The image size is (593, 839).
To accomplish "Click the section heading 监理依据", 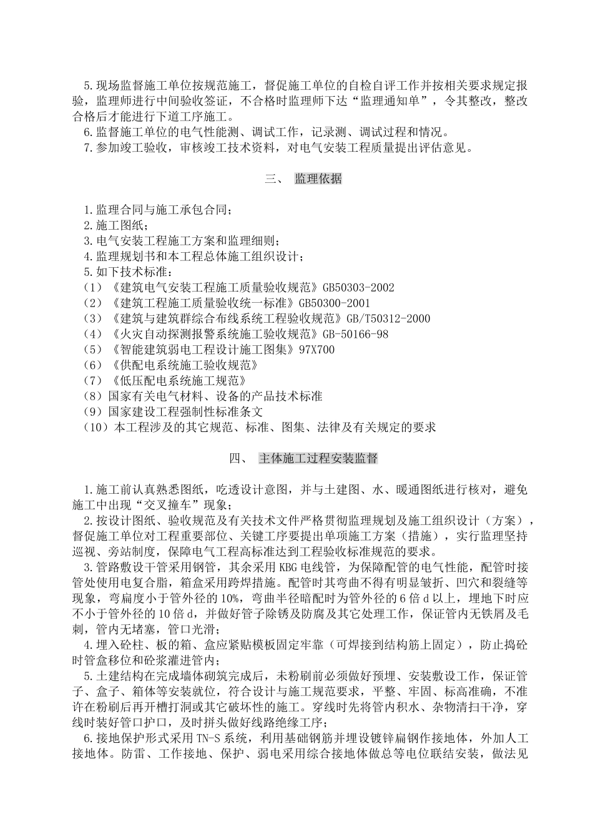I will (318, 179).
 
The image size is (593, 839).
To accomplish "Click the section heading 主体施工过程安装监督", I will (318, 459).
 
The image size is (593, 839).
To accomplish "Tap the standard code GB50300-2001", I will (335, 303).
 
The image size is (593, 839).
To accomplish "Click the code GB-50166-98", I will (355, 335).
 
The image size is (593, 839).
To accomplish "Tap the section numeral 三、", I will (275, 179).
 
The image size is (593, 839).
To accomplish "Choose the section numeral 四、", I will (240, 459).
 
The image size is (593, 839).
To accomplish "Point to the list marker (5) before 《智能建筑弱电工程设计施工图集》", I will (92, 350).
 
